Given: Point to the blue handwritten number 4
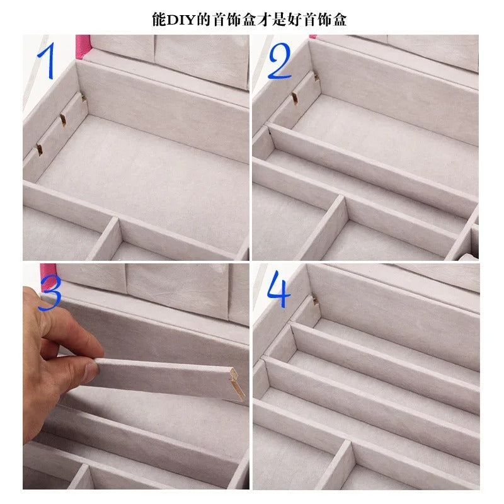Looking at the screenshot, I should [x=278, y=290].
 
